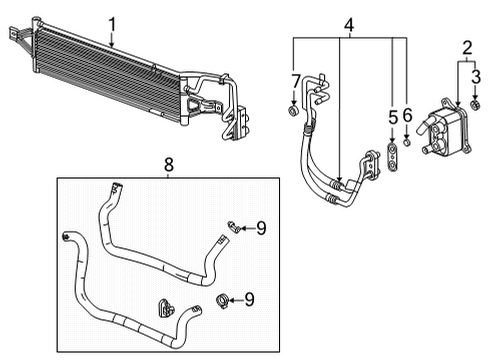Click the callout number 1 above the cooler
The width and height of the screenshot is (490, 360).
(113, 23)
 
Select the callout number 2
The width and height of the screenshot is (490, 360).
(467, 47)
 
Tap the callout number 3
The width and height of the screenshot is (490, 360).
(477, 76)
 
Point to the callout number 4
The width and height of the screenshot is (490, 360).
(349, 23)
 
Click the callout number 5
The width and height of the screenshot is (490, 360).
(392, 118)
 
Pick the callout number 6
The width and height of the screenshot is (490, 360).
(408, 118)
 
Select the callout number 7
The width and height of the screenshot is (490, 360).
(295, 79)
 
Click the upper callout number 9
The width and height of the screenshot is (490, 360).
(261, 229)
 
